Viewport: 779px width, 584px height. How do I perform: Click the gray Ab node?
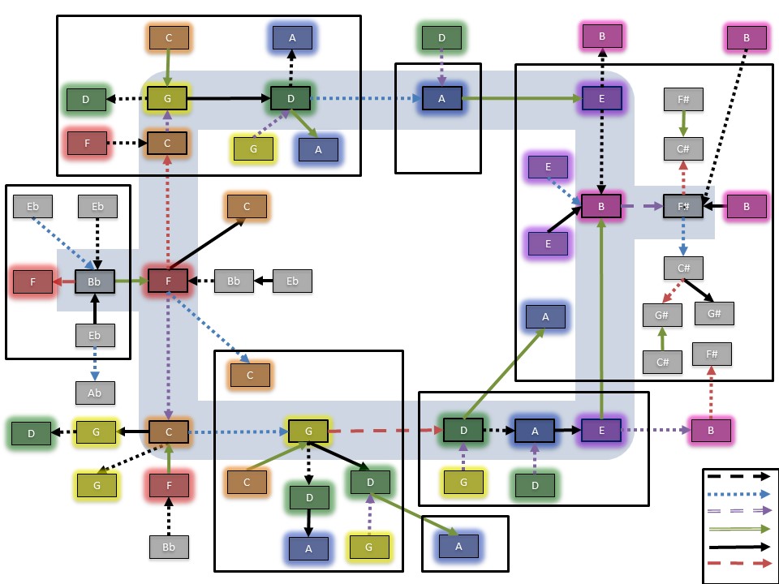[x=95, y=393]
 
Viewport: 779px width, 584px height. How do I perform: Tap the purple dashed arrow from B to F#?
[x=642, y=207]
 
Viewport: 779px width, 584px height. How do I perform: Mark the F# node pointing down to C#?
[x=682, y=99]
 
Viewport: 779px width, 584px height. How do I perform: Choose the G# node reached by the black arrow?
[x=714, y=313]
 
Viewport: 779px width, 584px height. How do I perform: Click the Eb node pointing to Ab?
[x=95, y=335]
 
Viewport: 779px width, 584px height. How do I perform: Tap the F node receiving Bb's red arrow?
[x=32, y=281]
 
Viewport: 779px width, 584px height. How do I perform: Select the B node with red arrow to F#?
[x=711, y=431]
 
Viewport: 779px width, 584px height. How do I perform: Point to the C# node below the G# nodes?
[x=662, y=362]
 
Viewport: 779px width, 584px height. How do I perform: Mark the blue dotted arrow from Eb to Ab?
[x=95, y=364]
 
